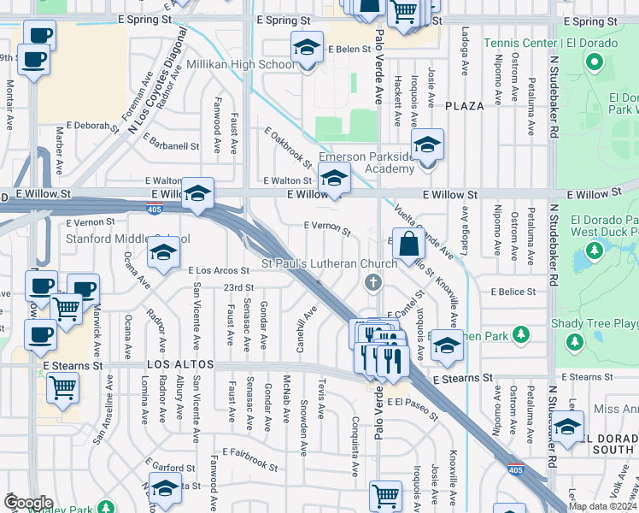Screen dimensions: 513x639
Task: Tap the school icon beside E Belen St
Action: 306,49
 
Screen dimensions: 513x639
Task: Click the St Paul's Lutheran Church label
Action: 329,263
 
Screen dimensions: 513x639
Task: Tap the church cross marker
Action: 372,282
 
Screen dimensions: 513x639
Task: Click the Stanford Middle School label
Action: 127,239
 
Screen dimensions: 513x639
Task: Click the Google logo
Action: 28,503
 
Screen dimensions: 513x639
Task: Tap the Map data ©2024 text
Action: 601,506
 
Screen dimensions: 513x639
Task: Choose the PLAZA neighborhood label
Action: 465,106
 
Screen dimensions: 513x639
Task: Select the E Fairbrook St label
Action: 250,459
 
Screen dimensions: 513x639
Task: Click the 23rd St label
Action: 239,287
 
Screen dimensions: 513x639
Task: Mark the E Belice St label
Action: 513,292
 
